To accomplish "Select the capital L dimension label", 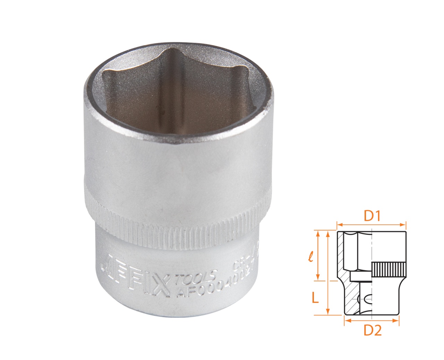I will (x=315, y=297).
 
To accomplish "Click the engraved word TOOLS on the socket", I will (x=196, y=277).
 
